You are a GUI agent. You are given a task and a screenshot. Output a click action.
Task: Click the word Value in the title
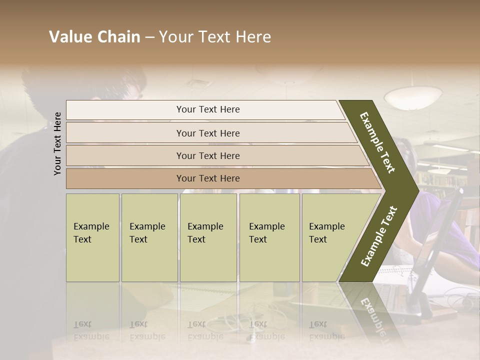tap(69, 37)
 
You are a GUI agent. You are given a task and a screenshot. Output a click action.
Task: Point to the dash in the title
tap(149, 37)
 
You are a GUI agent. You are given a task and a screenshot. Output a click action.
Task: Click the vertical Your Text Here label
tap(57, 143)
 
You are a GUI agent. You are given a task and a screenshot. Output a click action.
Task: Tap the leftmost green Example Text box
tap(92, 237)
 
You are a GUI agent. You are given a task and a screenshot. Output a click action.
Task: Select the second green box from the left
tap(149, 237)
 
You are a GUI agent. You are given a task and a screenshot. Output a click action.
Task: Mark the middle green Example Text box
tap(208, 237)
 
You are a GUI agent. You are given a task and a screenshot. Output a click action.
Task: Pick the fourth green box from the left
tap(269, 237)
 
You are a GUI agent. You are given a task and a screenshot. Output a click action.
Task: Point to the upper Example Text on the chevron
tap(377, 142)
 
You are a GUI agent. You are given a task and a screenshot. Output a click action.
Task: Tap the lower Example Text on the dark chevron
tap(379, 236)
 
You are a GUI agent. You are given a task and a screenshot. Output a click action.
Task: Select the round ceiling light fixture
tap(413, 96)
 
